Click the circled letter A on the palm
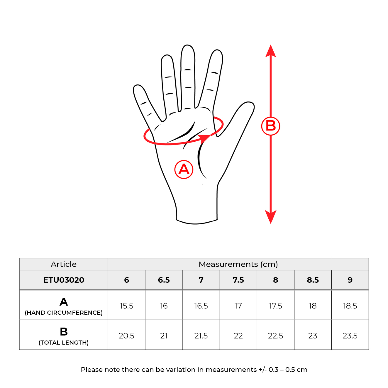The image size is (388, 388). (184, 169)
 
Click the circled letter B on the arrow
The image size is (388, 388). (270, 126)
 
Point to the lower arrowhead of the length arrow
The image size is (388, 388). (270, 217)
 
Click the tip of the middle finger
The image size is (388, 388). (187, 45)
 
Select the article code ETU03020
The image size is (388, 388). (64, 280)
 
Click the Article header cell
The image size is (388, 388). (64, 264)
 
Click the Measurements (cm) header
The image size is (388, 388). (238, 264)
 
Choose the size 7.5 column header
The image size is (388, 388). (238, 280)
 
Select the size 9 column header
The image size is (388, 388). (350, 280)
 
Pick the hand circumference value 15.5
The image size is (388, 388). (126, 306)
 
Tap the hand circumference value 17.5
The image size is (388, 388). (275, 306)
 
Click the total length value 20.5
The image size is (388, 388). (126, 336)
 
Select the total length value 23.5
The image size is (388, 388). (350, 336)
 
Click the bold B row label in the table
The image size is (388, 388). (64, 331)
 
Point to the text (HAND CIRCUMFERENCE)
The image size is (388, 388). (64, 313)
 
